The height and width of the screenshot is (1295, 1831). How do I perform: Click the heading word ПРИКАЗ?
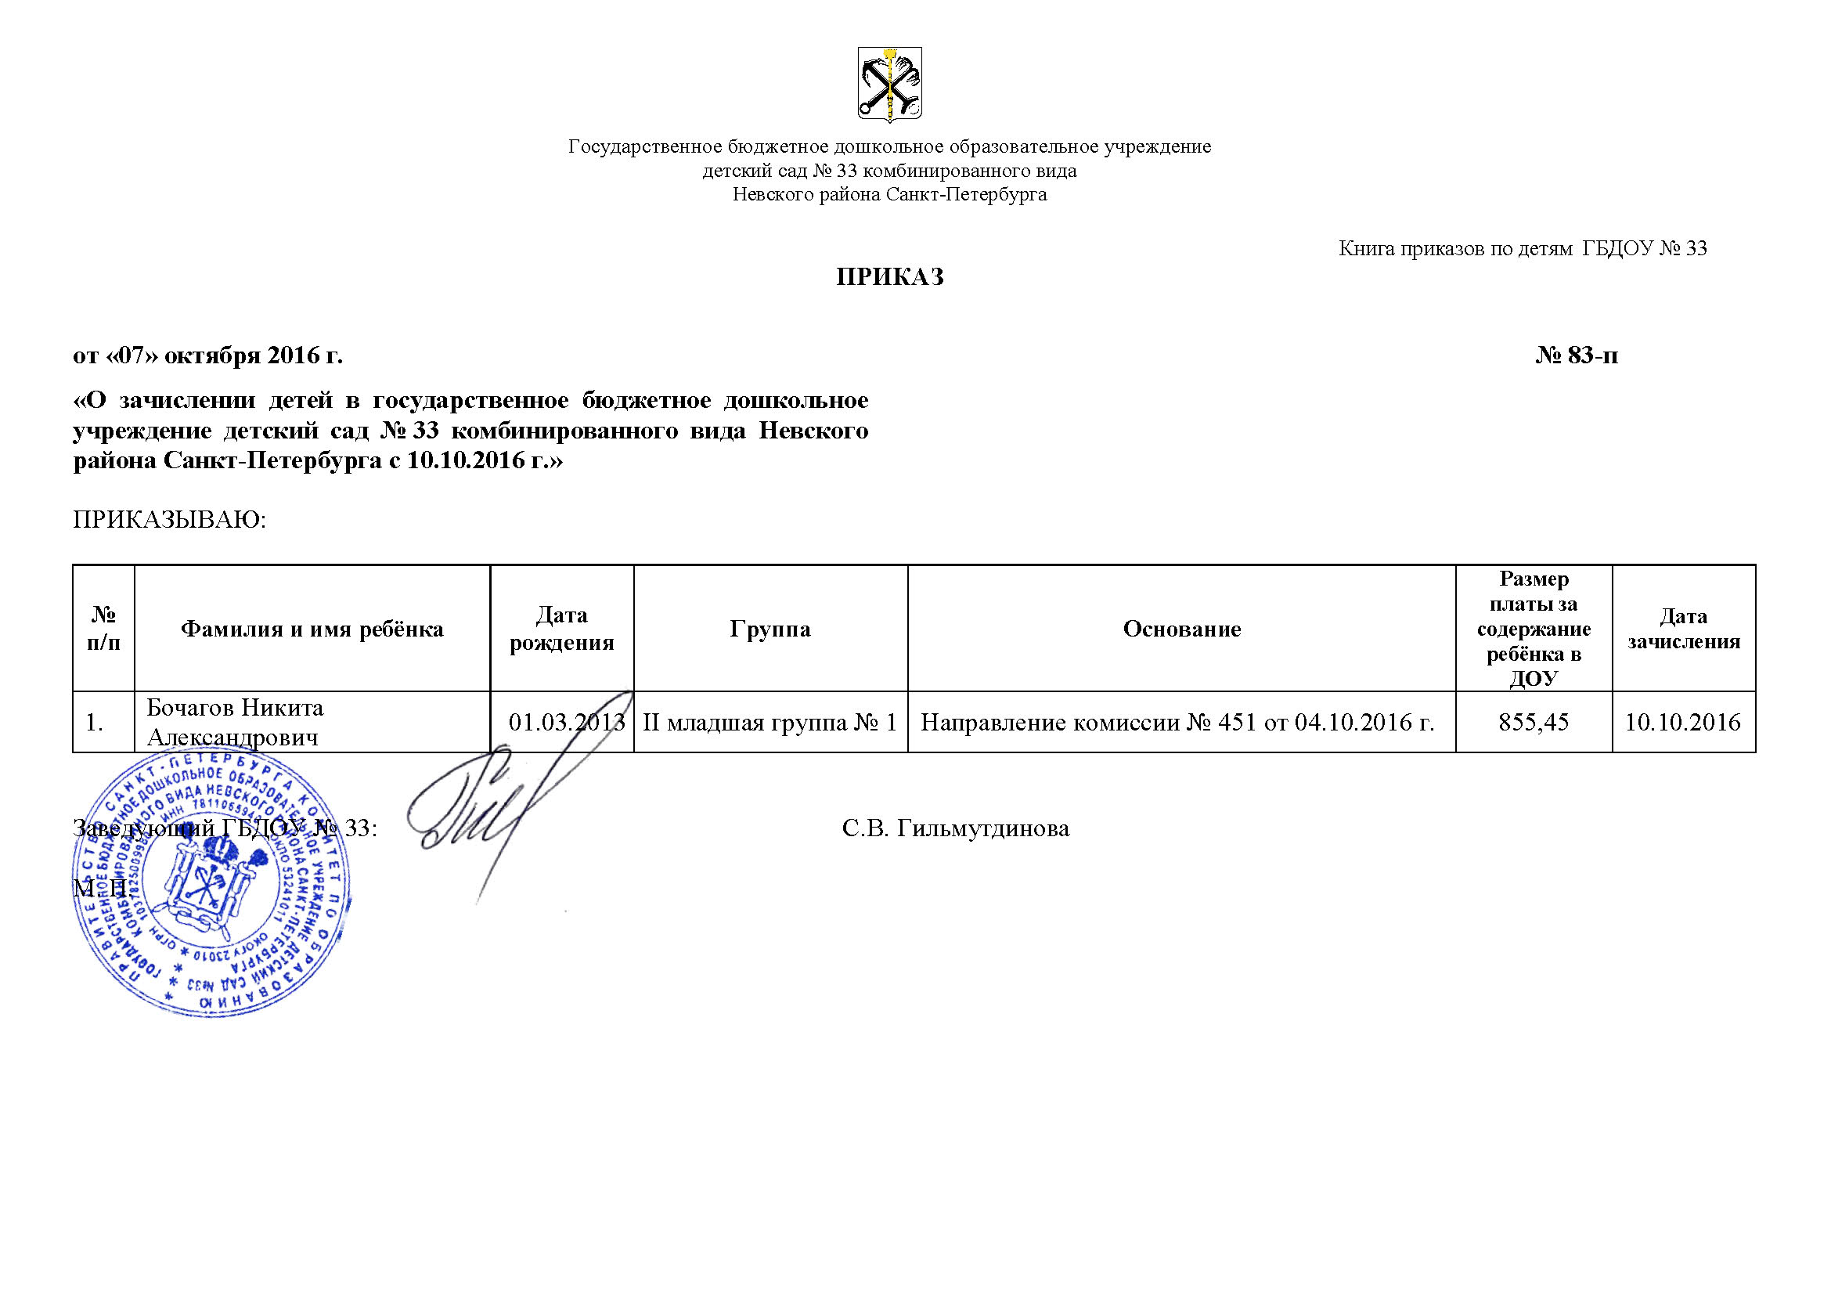pyautogui.click(x=889, y=276)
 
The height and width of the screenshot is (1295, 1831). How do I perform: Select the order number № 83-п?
pyautogui.click(x=1576, y=355)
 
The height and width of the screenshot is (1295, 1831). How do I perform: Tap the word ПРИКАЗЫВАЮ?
pyautogui.click(x=168, y=520)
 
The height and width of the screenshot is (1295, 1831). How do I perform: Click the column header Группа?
pyautogui.click(x=770, y=629)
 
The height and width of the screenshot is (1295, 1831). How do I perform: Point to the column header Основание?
pyautogui.click(x=1181, y=629)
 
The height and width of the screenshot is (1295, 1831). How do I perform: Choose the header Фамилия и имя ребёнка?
pyautogui.click(x=312, y=629)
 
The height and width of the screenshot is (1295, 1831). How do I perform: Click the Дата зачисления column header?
pyautogui.click(x=1684, y=629)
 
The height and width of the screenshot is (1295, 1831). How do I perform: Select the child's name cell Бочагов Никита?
pyautogui.click(x=236, y=723)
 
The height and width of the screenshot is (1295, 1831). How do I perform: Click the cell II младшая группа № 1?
pyautogui.click(x=770, y=723)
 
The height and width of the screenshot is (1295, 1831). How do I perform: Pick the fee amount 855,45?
pyautogui.click(x=1533, y=723)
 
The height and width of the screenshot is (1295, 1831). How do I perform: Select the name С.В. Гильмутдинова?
pyautogui.click(x=955, y=829)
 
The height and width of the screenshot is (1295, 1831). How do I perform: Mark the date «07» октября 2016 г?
pyautogui.click(x=208, y=355)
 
